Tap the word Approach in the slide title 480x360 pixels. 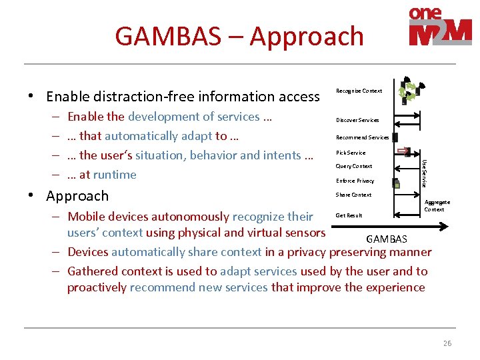point(307,36)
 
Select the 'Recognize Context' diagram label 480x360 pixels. point(359,91)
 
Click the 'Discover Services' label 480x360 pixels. point(357,120)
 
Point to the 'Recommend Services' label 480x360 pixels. point(362,137)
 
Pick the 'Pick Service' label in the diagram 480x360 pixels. point(351,153)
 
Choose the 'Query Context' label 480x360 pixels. point(354,166)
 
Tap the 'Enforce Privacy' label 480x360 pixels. point(355,181)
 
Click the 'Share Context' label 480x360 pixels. point(354,195)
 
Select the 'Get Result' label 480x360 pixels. point(349,215)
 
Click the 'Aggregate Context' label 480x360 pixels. point(437,205)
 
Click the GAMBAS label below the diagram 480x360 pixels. point(387,239)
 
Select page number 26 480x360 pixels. point(447,343)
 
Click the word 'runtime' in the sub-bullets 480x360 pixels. point(114,175)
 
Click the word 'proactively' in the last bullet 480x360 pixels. point(97,287)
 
